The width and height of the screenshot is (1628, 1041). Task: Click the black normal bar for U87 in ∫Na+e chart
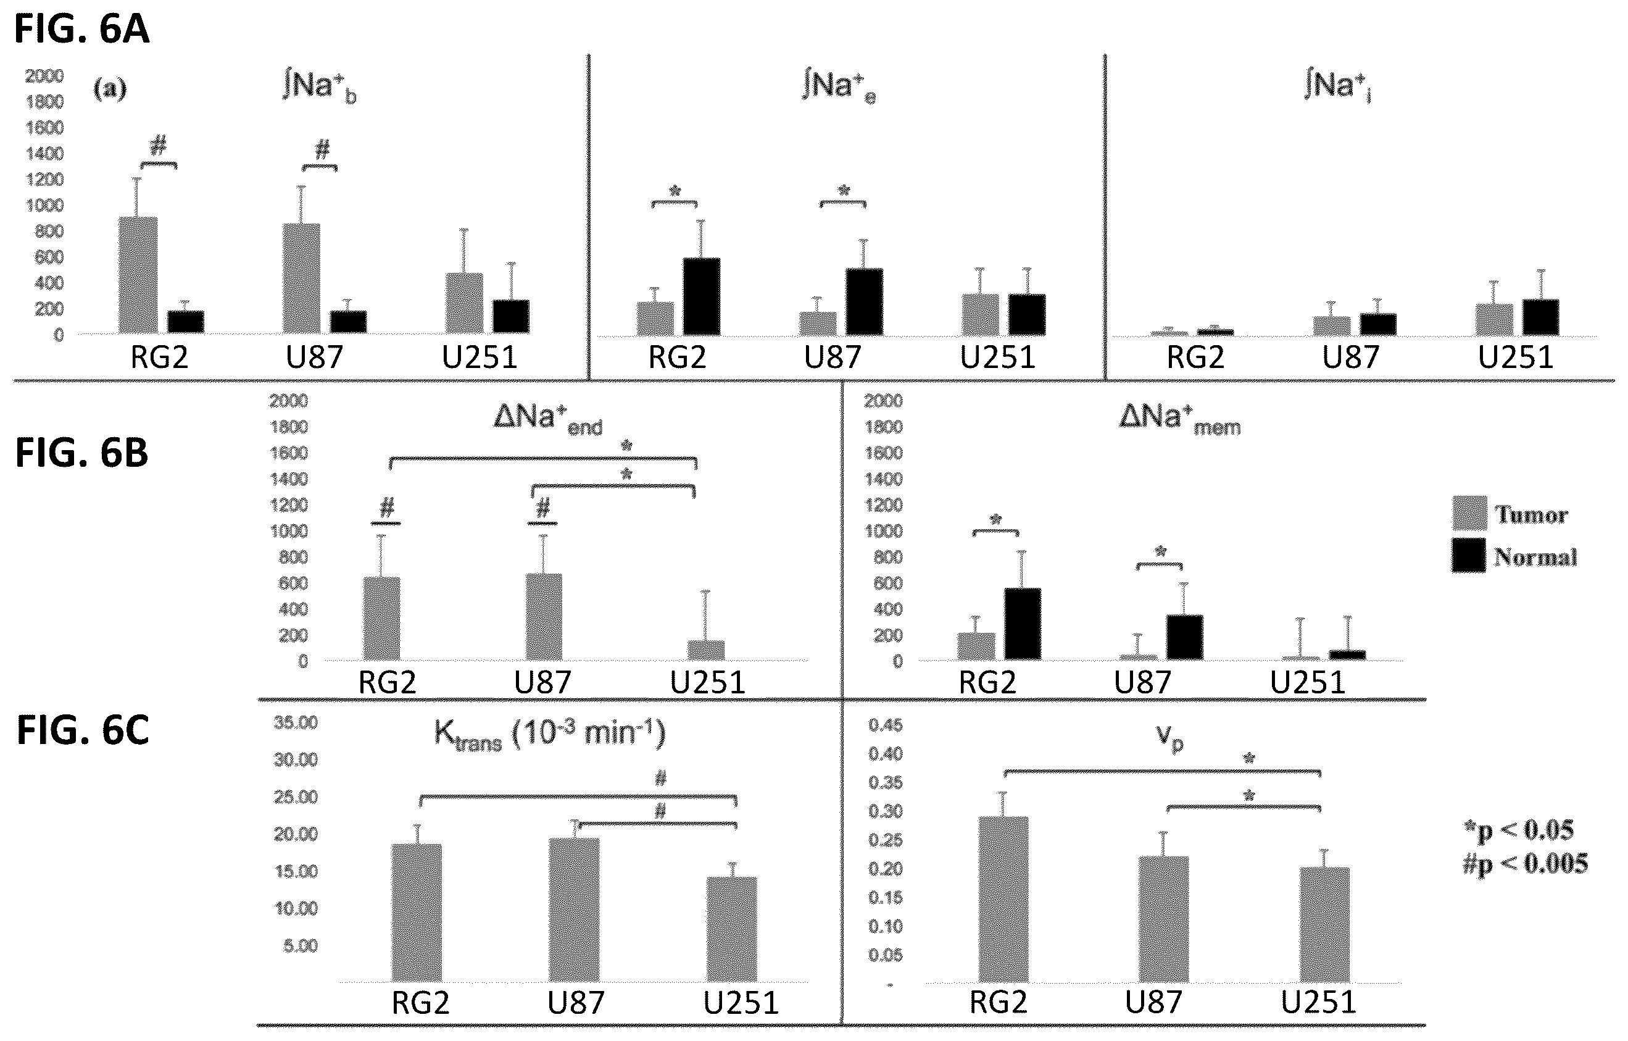tap(864, 302)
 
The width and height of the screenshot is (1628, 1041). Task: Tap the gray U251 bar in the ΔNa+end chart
tap(706, 650)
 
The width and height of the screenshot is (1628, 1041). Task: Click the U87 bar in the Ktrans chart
tap(574, 909)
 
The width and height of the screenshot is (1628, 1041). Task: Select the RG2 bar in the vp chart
tap(1003, 899)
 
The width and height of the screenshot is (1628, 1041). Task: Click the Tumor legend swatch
tap(1469, 513)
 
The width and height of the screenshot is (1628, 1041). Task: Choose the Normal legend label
tap(1535, 557)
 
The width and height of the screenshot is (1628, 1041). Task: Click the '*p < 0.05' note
tap(1525, 830)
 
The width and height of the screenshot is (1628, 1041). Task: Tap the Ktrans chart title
tap(549, 734)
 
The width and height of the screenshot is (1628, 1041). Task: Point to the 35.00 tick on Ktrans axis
tap(296, 723)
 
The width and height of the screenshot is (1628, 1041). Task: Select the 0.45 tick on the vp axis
tap(885, 725)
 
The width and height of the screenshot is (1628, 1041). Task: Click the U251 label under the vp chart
tap(1318, 1001)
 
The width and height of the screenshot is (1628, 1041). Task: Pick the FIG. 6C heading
tap(83, 731)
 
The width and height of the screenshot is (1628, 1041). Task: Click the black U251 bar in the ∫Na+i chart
tap(1541, 317)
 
